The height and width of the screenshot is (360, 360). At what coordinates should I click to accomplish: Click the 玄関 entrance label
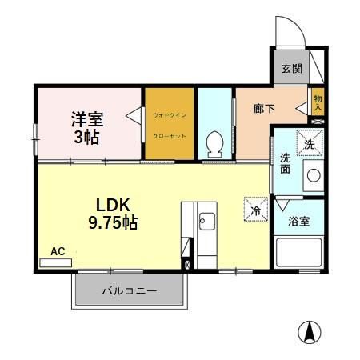[291, 69]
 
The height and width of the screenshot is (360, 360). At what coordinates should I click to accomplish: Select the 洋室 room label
[86, 118]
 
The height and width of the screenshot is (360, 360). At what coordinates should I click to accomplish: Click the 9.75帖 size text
[113, 223]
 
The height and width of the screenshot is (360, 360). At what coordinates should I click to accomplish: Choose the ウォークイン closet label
[170, 114]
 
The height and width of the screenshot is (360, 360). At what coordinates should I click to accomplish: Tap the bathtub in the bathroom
[299, 255]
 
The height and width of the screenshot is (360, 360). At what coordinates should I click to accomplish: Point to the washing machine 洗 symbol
[310, 143]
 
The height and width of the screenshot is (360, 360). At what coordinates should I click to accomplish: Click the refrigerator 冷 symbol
[255, 210]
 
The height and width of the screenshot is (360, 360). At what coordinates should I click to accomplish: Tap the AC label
[58, 251]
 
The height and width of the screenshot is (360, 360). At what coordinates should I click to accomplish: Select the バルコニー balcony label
[129, 291]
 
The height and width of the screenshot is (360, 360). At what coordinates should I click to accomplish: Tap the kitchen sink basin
[206, 219]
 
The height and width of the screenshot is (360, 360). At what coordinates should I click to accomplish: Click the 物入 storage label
[318, 101]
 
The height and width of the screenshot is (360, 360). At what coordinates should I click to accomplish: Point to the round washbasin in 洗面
[314, 175]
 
